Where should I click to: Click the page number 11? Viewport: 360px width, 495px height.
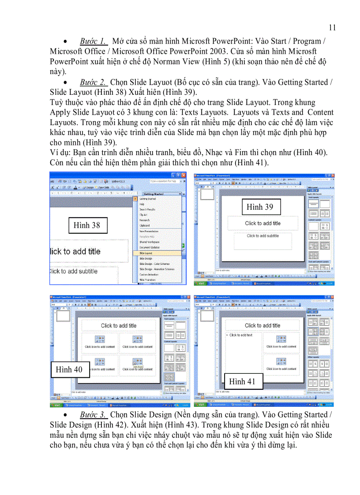point(332,27)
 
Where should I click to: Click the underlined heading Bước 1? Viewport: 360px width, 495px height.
point(93,41)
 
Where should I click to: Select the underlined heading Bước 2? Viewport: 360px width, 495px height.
point(93,82)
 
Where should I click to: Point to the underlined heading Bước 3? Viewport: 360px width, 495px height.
point(93,414)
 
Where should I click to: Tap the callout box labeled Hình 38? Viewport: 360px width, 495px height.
point(86,225)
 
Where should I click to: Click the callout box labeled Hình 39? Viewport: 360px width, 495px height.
point(259,207)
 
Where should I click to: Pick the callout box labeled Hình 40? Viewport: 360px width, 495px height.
point(69,369)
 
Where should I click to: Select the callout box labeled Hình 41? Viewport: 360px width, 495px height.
point(242,381)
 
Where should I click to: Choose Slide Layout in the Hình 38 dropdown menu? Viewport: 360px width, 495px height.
point(146,253)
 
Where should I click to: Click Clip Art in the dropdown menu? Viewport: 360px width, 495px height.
point(143,215)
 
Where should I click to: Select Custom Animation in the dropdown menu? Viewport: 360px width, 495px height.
point(149,275)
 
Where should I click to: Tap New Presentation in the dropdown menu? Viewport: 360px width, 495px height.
point(149,231)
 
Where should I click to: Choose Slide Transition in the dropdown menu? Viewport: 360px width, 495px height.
point(148,280)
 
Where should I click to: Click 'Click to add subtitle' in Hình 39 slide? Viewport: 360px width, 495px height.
point(262,236)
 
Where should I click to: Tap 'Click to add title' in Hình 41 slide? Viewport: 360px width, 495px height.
point(262,325)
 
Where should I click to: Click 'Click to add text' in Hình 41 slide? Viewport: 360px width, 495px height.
point(241,335)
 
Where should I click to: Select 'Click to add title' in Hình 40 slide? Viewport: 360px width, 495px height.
point(119,326)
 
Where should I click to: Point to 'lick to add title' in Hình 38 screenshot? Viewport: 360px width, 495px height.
point(75,252)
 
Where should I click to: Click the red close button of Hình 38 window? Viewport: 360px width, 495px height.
point(184,175)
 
